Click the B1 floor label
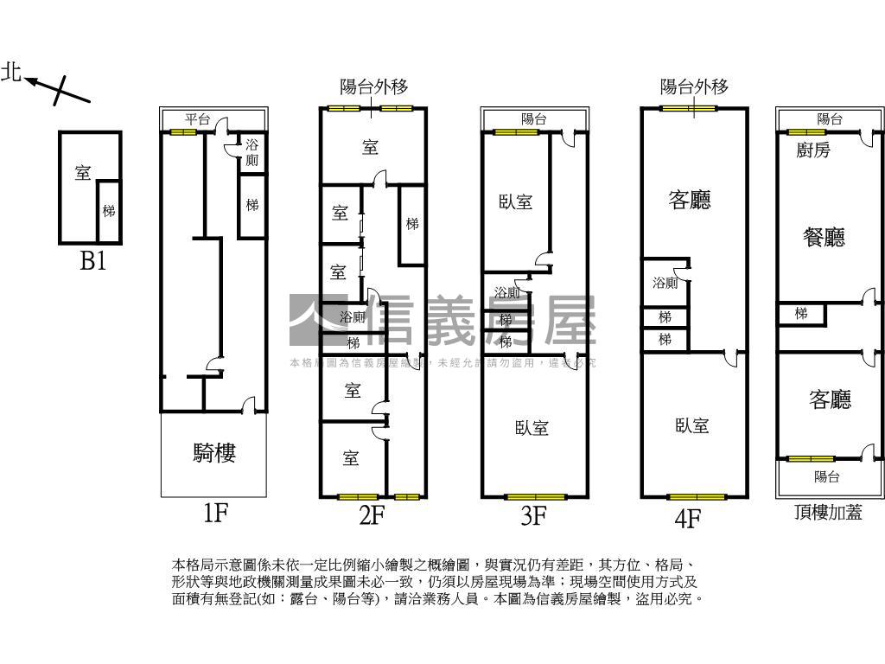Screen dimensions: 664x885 92,261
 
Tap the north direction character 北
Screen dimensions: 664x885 11,73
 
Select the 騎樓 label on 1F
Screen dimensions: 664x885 214,452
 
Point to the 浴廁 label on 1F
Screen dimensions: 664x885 251,153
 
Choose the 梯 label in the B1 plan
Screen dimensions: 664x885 108,211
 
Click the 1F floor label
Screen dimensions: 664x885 214,514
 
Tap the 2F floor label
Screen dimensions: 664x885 372,516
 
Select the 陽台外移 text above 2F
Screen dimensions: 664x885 373,86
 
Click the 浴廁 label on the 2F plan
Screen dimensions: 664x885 353,317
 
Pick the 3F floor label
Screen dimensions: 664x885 533,516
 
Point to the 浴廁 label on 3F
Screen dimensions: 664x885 507,293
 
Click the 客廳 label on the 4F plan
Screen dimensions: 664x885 690,201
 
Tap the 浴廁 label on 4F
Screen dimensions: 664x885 665,283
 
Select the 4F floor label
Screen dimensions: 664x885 687,519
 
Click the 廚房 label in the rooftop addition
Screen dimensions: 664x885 813,150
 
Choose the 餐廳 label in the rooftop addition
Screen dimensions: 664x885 824,237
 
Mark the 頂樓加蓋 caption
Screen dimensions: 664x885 828,512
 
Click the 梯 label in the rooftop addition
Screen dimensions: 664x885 801,313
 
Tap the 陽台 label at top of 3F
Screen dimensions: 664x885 534,119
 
